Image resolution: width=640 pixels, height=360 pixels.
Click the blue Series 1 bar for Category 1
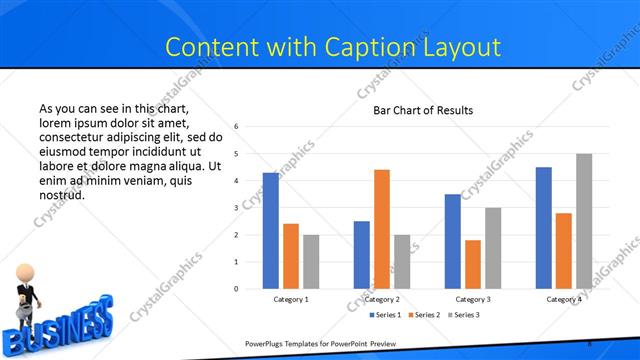click(271, 231)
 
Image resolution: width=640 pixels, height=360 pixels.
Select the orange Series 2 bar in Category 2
click(382, 229)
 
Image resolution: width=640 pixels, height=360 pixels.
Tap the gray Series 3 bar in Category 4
click(584, 221)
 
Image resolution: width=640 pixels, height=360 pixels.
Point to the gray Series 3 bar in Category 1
click(311, 262)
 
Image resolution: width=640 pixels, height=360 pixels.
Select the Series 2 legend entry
click(423, 315)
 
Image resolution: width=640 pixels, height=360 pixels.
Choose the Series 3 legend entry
click(463, 315)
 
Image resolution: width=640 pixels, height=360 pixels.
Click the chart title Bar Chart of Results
click(423, 110)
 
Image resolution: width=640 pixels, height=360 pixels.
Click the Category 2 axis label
click(382, 299)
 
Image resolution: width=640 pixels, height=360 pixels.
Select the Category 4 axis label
click(563, 299)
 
